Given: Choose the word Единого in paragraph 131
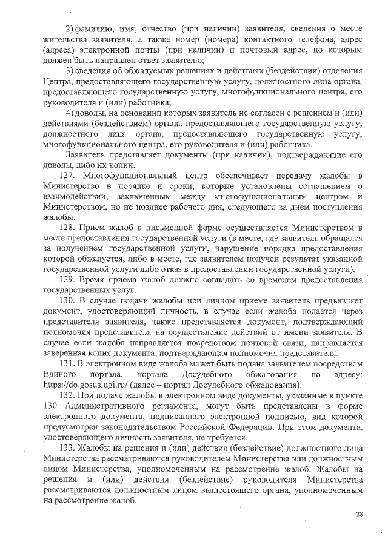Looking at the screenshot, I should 59,374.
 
